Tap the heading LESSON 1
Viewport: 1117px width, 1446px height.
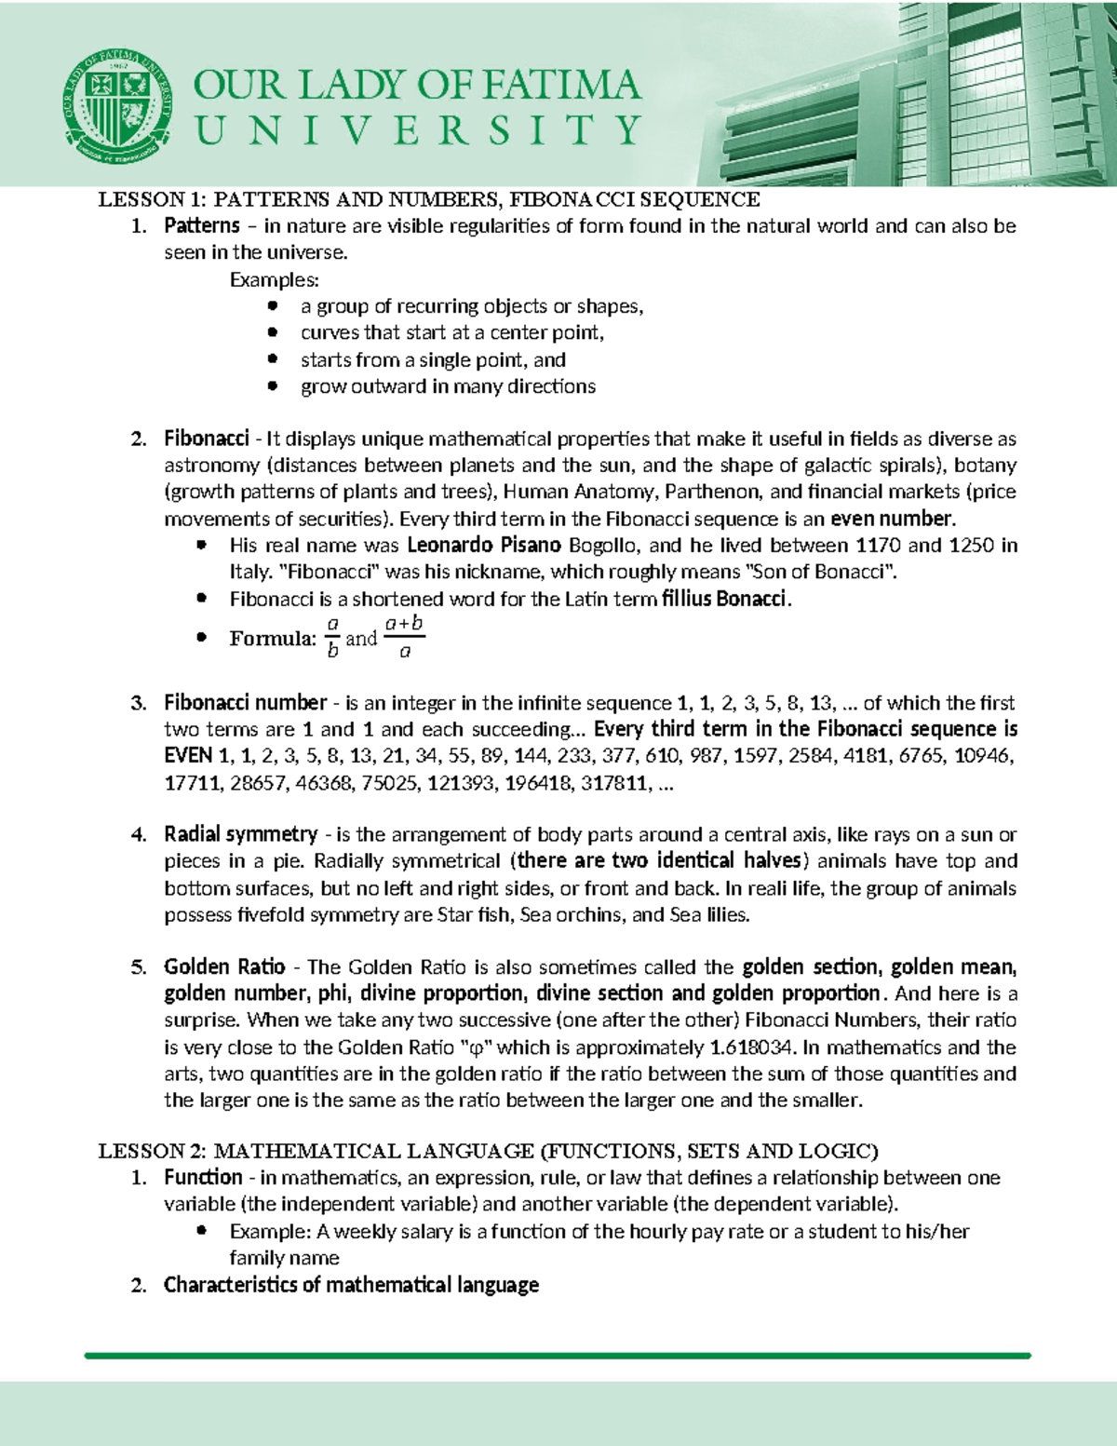(153, 199)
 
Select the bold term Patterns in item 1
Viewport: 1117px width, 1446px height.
(202, 226)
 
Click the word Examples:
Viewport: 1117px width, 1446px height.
(274, 280)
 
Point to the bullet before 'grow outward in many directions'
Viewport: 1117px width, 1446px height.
(272, 385)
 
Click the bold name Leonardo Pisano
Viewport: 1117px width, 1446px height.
(484, 546)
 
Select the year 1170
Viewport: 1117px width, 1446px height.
(878, 546)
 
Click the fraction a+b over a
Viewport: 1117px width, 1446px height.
(404, 638)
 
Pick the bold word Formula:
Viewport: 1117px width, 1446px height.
(273, 639)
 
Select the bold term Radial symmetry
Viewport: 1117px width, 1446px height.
(241, 834)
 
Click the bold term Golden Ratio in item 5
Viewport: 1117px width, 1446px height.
(224, 966)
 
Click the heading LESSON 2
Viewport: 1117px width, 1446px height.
(153, 1151)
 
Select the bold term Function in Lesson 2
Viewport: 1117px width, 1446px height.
(203, 1178)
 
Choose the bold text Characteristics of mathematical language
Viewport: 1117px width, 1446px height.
(351, 1286)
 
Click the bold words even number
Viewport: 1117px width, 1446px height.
(892, 519)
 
